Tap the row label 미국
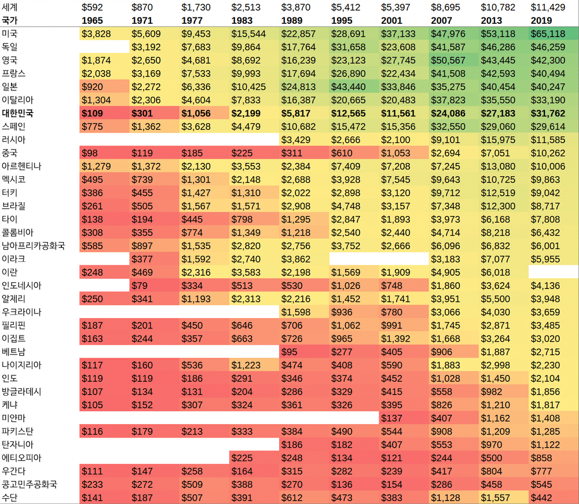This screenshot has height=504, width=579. tap(10, 34)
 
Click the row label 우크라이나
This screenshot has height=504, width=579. tap(22, 312)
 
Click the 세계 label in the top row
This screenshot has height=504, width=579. tap(10, 8)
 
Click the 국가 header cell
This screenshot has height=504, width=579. tap(10, 21)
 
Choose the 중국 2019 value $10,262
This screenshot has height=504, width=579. tap(548, 154)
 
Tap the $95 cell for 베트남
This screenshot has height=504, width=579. tap(289, 352)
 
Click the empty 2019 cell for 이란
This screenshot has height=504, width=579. tap(553, 272)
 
